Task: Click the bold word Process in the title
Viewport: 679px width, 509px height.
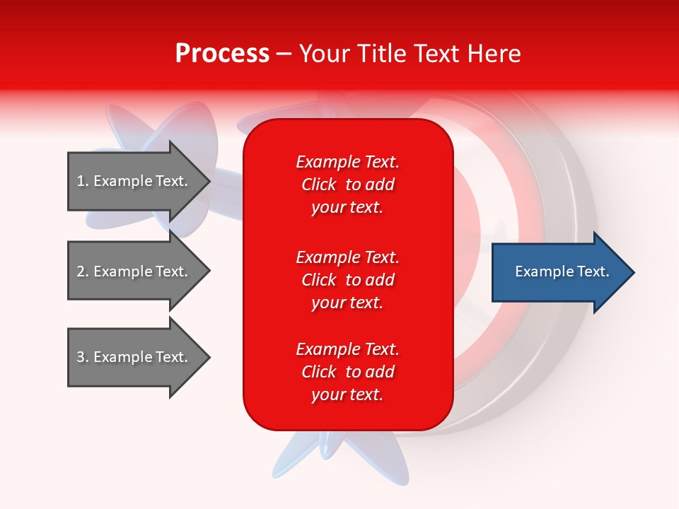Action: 222,54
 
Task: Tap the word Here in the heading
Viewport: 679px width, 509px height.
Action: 494,54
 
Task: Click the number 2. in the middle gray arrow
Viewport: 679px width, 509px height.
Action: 83,271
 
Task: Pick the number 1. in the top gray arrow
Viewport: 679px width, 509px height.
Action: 83,181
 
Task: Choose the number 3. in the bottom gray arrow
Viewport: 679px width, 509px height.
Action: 83,357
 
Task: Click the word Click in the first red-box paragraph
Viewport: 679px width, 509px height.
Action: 319,185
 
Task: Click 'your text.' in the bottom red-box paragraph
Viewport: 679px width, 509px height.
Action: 347,394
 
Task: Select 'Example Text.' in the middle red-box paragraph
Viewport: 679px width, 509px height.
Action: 347,257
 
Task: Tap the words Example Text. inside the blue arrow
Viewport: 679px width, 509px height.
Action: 562,271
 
